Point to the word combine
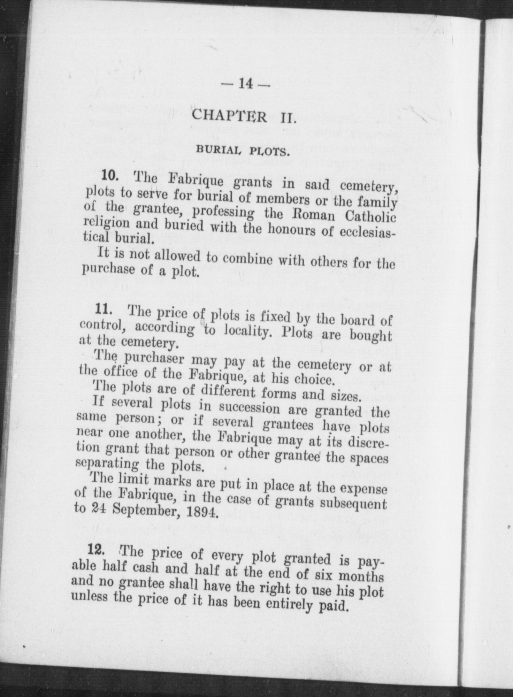point(247,259)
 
